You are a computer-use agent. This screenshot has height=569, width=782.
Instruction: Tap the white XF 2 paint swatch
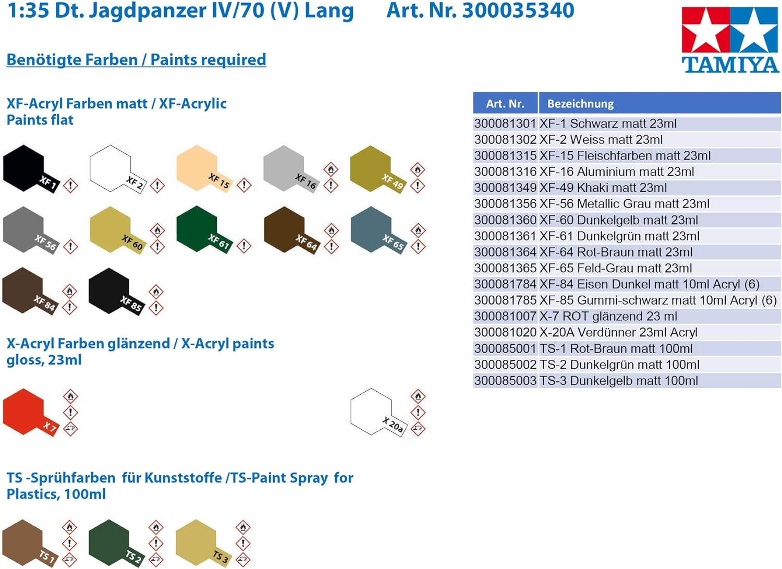(111, 168)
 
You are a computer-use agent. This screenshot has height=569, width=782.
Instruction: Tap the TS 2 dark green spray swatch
(109, 541)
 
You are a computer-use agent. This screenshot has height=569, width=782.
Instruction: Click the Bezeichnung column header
(580, 103)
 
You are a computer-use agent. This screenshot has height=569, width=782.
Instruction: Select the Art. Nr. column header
(505, 103)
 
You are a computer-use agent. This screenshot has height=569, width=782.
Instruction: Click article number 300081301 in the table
(505, 124)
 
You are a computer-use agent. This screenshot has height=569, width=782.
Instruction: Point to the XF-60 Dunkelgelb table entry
(619, 220)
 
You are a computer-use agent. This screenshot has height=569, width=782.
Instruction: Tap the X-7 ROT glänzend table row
(608, 317)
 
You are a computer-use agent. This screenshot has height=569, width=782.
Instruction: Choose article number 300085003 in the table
(505, 381)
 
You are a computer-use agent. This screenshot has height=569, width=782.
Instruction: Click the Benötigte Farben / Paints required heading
(136, 59)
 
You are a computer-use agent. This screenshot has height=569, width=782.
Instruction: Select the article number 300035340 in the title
(518, 10)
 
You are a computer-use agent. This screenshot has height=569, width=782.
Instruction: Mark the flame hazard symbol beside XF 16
(331, 169)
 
